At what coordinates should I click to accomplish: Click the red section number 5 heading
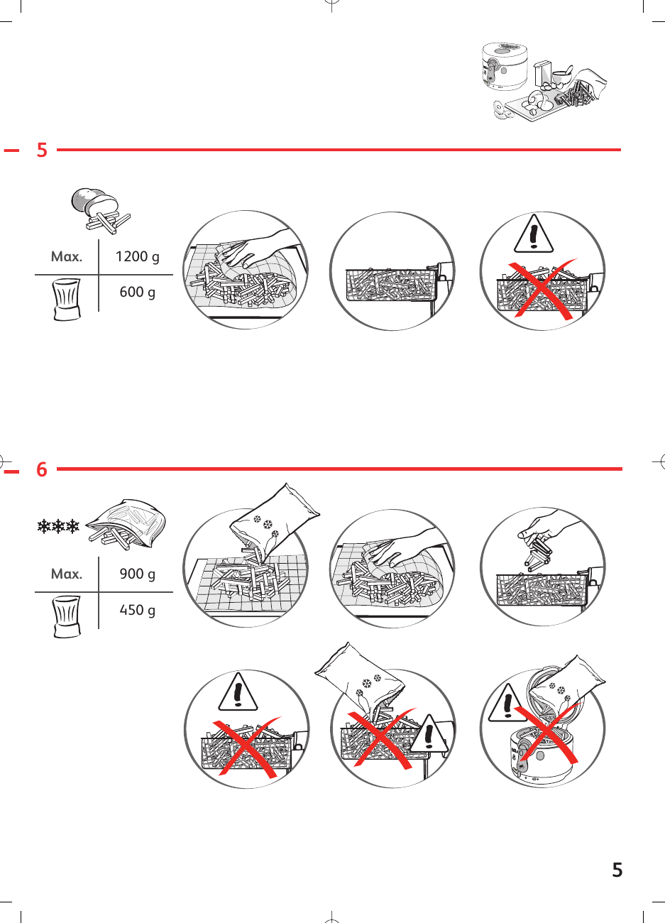[42, 150]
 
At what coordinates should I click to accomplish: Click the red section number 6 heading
[42, 469]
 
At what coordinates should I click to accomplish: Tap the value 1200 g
[138, 257]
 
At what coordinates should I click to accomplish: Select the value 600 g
[138, 292]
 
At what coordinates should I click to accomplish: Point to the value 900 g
[138, 574]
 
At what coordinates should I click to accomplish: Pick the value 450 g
[138, 610]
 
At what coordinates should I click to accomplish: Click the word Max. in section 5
[67, 257]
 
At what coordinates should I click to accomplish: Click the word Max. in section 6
[67, 574]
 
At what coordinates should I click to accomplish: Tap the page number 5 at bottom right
[617, 870]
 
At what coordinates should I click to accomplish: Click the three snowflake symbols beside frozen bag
[58, 527]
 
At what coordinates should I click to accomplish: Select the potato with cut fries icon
[100, 208]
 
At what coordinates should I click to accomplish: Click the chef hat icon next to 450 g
[67, 616]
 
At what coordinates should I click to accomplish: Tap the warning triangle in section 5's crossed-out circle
[532, 235]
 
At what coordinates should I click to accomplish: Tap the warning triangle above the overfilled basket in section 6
[238, 692]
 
